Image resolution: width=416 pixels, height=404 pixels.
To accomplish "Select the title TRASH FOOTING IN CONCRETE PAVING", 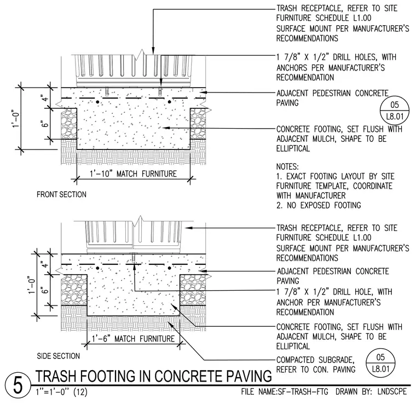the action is pos(154,376).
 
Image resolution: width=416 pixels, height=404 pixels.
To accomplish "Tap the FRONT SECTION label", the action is pos(61,194).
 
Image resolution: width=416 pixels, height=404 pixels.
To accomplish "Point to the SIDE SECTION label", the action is pos(59,356).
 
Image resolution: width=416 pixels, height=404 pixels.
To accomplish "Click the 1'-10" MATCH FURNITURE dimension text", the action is pos(133,174).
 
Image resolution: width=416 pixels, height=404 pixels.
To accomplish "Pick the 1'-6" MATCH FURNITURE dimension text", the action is pos(133,339).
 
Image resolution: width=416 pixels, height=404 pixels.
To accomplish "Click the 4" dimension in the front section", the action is pos(45,98).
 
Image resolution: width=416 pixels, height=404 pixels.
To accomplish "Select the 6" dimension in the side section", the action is pos(45,290).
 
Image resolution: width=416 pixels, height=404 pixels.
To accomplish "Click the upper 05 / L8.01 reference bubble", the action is pos(395,111).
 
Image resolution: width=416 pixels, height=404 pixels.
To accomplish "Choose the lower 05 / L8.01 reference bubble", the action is pos(380,363).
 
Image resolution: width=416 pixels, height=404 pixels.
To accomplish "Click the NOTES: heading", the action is pos(287,167).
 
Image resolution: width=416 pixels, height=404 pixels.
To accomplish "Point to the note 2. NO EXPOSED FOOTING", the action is pos(319,205).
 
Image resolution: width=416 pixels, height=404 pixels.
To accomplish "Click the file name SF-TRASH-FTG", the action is pos(285,391).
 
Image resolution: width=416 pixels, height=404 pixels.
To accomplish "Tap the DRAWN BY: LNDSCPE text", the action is pos(371,391).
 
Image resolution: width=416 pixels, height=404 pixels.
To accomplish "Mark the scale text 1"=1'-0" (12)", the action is pos(61,392).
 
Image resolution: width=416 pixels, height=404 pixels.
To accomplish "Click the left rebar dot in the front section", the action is pos(98,102).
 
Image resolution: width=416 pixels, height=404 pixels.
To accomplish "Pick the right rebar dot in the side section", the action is pos(169,268).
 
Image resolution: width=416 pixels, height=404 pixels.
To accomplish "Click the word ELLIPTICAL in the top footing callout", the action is pos(293,148).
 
